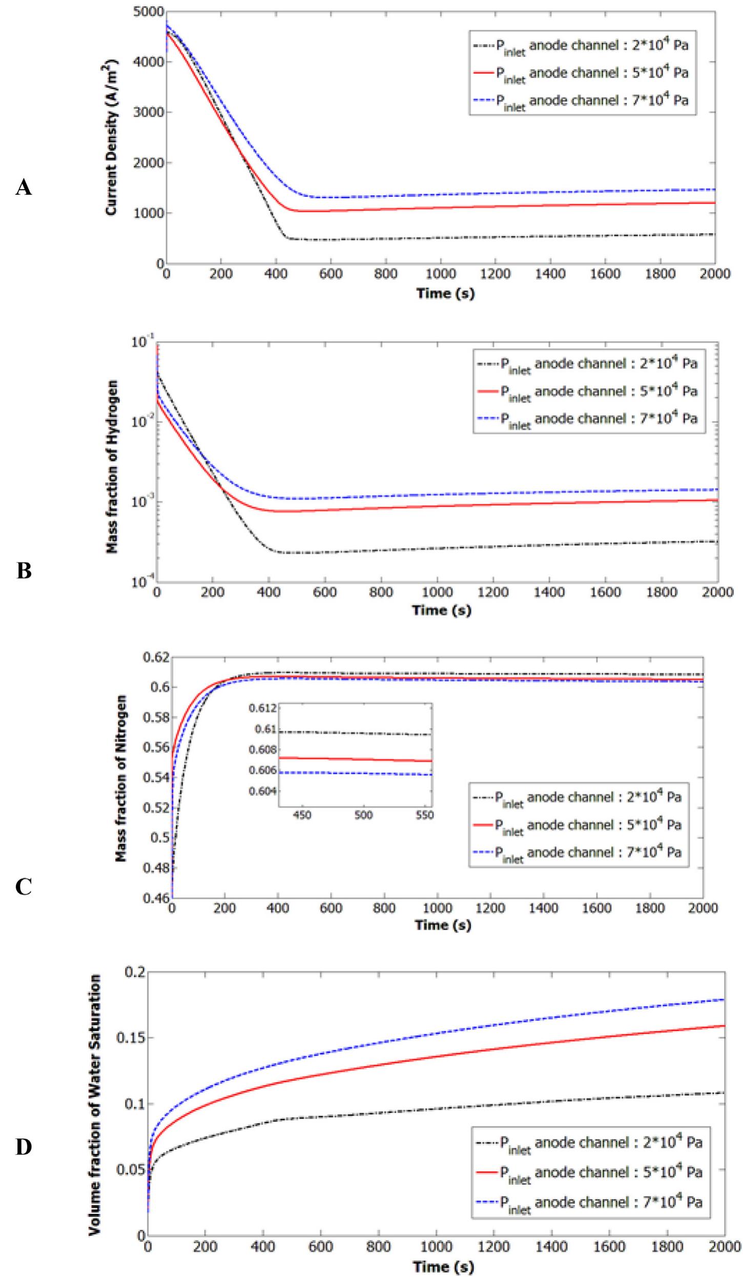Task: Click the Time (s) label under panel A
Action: [x=445, y=294]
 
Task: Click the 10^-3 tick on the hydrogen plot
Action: [x=140, y=502]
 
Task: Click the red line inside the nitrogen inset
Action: [x=359, y=759]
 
